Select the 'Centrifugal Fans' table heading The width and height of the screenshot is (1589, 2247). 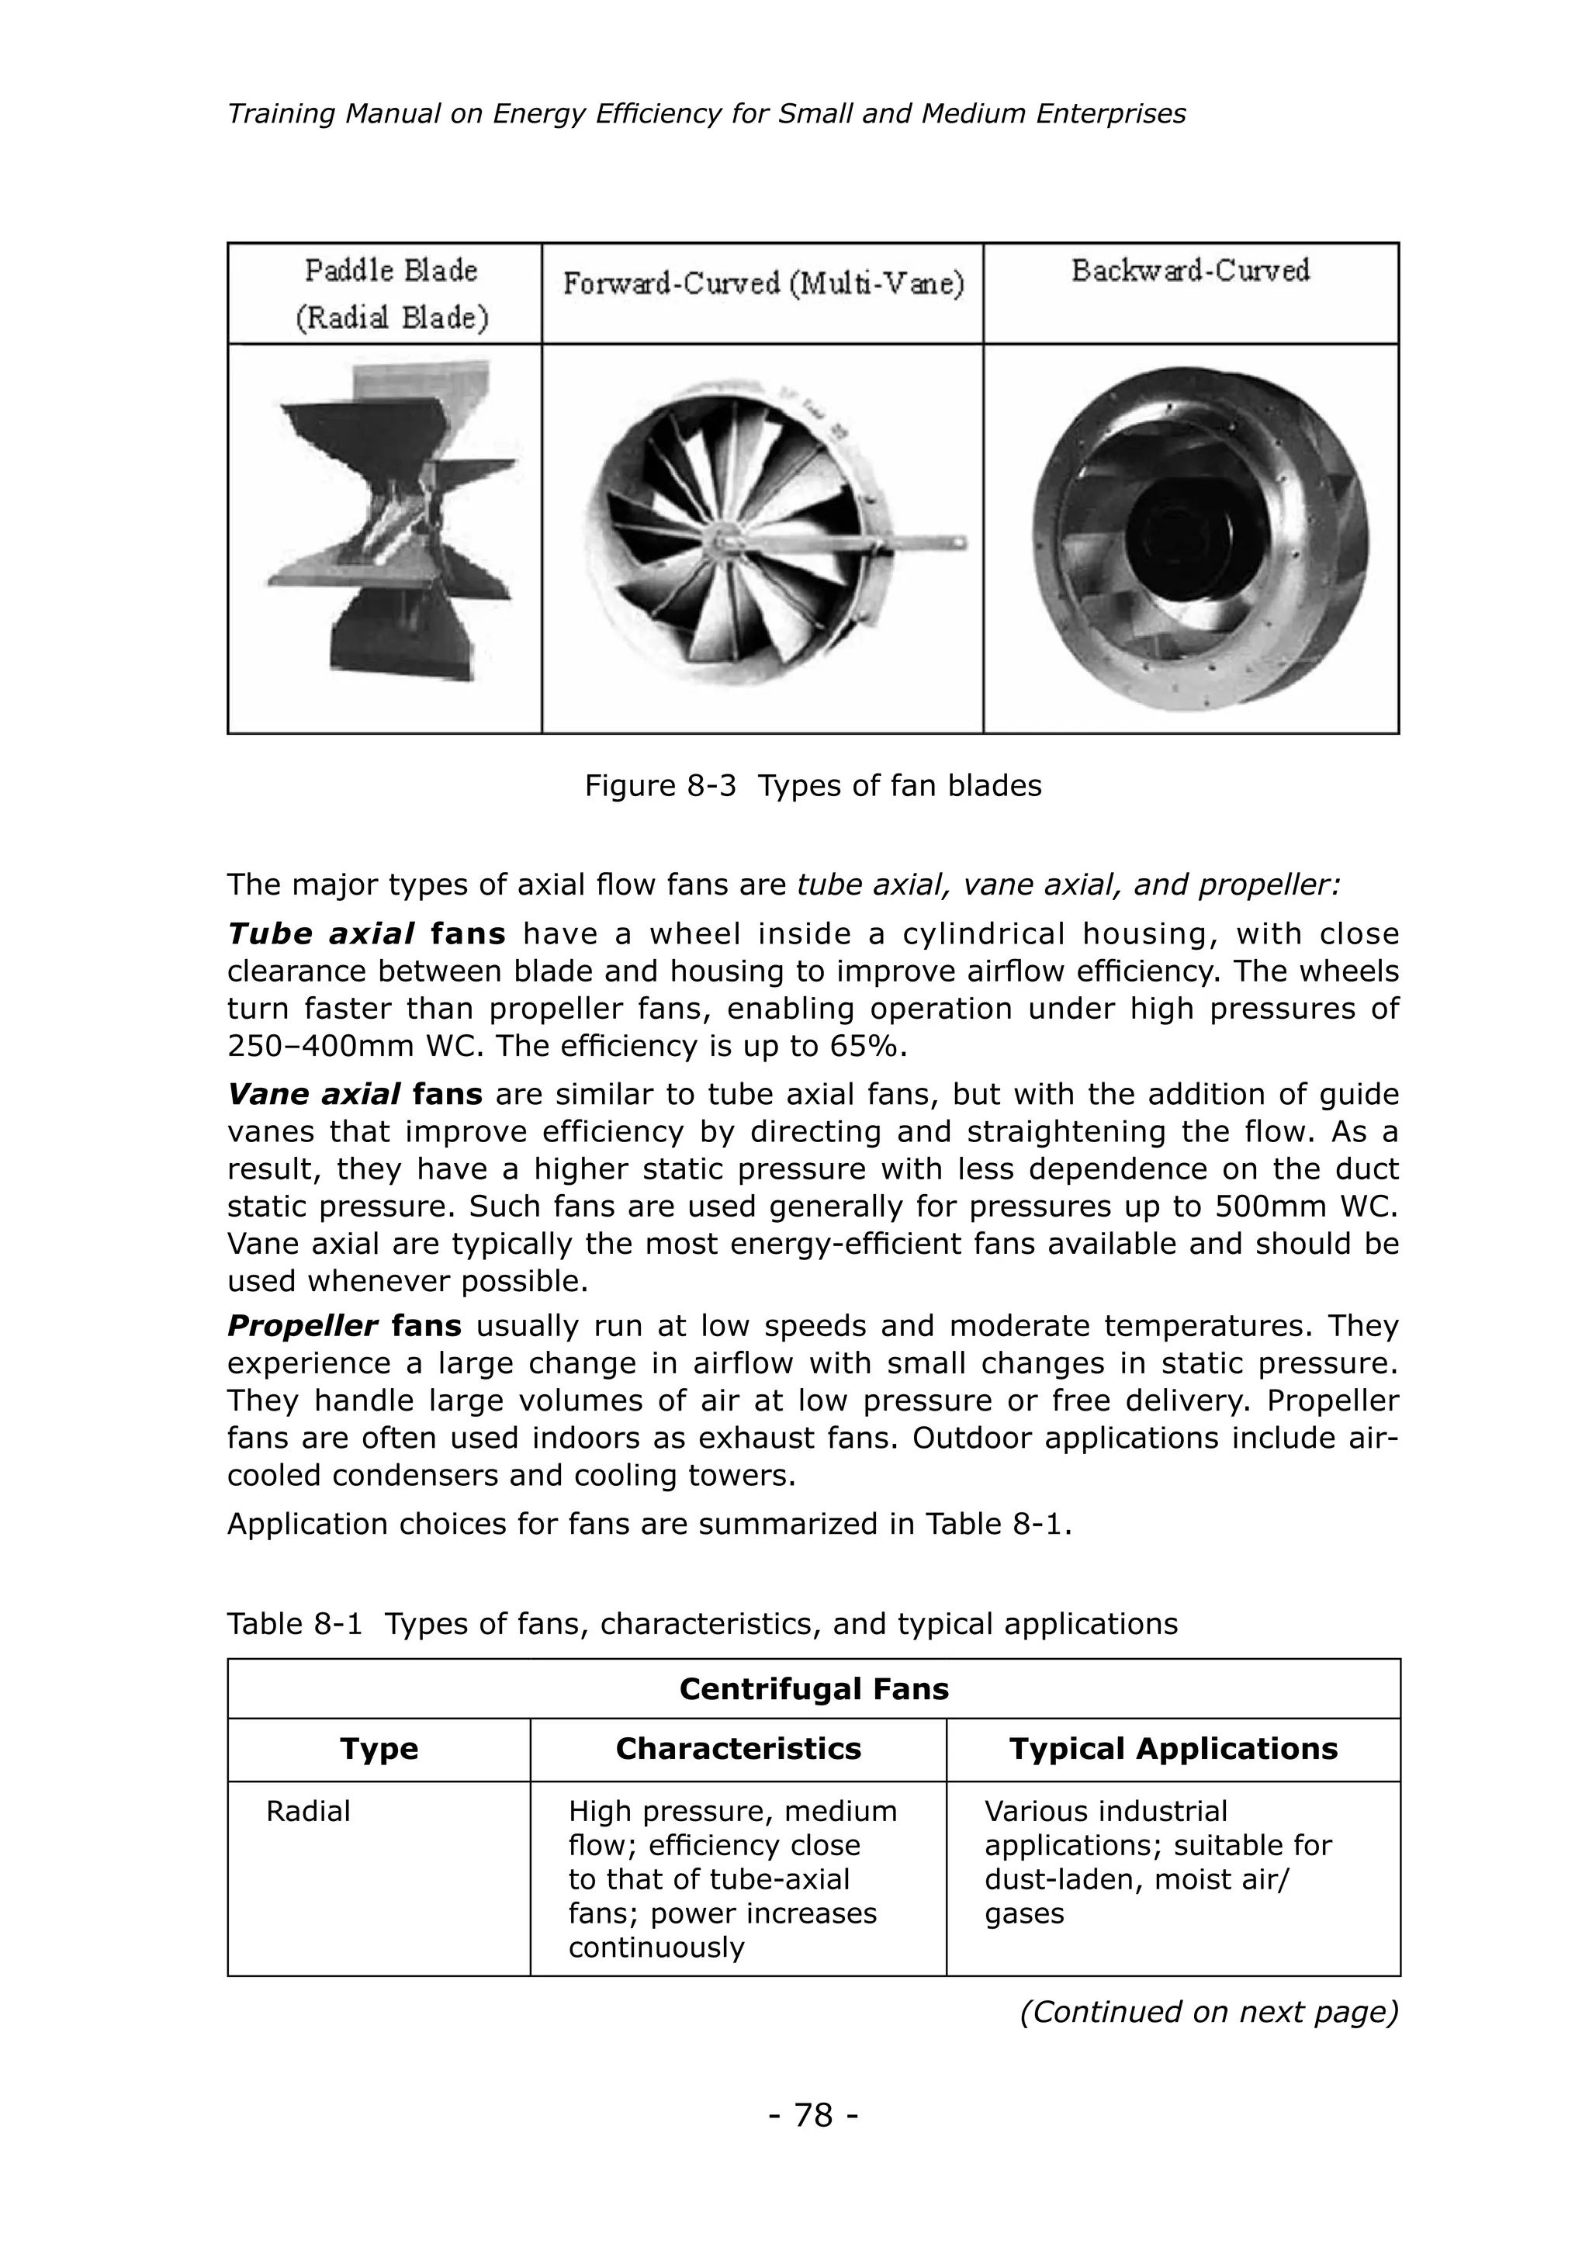click(813, 1688)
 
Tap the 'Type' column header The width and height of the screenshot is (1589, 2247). click(379, 1748)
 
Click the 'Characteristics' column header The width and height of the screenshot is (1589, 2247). click(738, 1748)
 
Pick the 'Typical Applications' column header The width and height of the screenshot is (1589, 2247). click(1172, 1748)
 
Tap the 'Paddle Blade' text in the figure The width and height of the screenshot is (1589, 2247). click(391, 270)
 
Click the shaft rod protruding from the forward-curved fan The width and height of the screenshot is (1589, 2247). click(910, 543)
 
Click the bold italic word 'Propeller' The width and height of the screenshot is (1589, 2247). click(303, 1326)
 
